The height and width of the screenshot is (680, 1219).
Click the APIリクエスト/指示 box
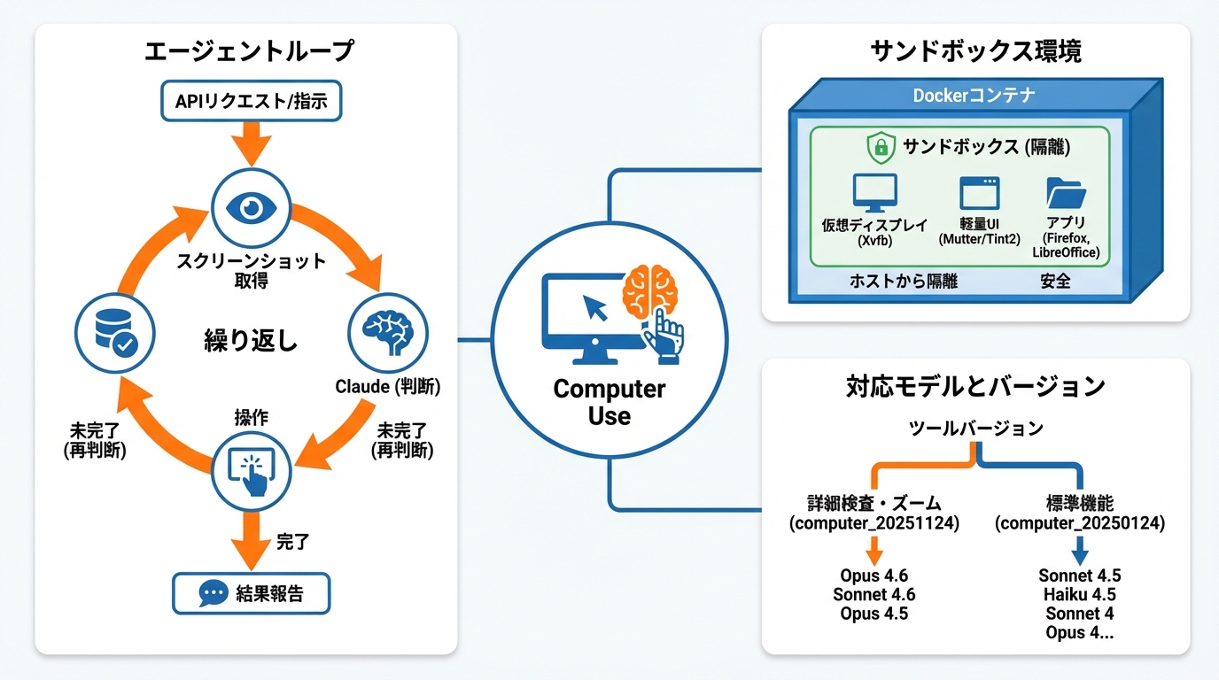[251, 101]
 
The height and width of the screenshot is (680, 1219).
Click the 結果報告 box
[251, 593]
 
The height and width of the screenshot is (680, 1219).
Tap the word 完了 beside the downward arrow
[292, 542]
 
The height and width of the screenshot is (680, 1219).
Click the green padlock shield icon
[881, 147]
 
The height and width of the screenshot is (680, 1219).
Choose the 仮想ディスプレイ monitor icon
[874, 192]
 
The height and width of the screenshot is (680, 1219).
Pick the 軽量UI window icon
[979, 192]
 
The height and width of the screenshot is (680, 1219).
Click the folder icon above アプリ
[1066, 192]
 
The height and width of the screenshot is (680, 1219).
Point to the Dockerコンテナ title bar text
[974, 95]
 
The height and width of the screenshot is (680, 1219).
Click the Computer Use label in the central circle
[609, 402]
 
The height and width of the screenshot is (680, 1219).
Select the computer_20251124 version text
[873, 523]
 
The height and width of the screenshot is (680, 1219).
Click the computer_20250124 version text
[1079, 523]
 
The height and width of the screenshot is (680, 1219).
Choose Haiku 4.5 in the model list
[1079, 595]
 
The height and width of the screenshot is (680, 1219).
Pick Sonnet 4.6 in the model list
[873, 595]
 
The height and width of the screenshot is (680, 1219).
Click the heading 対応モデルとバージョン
[974, 386]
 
